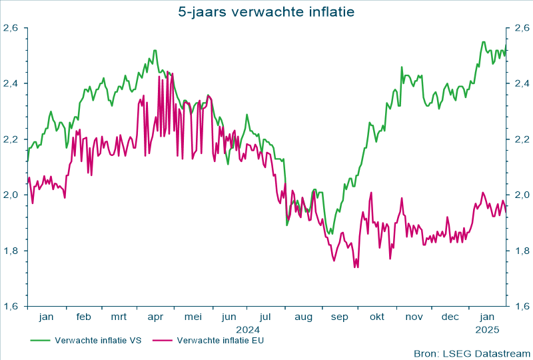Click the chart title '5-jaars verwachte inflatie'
[266, 11]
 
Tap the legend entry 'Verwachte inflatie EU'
[221, 340]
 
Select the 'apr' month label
[155, 317]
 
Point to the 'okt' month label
[376, 317]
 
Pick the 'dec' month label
[450, 317]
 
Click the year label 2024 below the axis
[247, 329]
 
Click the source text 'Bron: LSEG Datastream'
[470, 353]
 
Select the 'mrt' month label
[119, 317]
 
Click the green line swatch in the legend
[41, 340]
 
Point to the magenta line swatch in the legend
[163, 340]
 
